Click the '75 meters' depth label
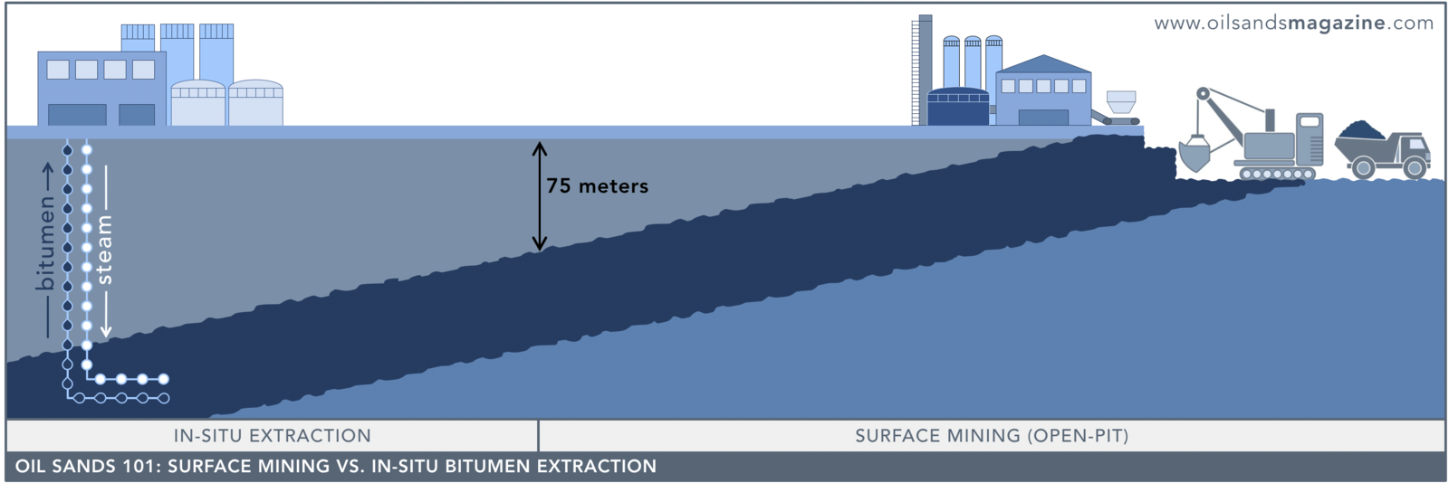click(597, 186)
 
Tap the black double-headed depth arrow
click(540, 195)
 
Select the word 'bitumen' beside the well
click(45, 242)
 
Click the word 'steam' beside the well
click(104, 250)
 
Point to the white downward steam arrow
click(106, 251)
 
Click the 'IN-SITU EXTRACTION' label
click(273, 436)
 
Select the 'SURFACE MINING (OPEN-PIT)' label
click(992, 436)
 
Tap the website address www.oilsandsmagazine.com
click(1294, 24)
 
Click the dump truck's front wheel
click(1415, 168)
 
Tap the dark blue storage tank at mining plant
click(958, 107)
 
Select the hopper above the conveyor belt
click(1121, 100)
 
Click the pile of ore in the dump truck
click(1361, 129)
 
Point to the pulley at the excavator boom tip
click(1203, 94)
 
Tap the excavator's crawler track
click(1277, 173)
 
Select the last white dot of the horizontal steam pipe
click(164, 379)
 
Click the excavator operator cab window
click(1310, 121)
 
